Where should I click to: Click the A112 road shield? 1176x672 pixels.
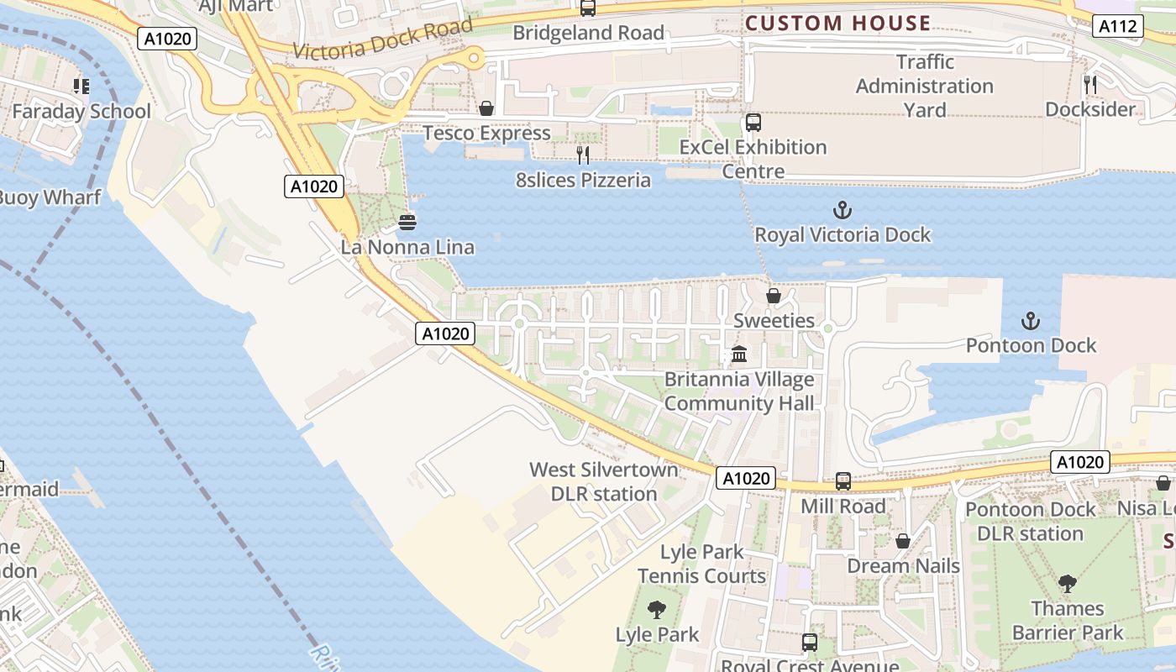(1119, 26)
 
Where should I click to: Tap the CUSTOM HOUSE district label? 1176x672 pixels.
(837, 23)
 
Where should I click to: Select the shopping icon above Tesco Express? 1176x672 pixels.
(486, 108)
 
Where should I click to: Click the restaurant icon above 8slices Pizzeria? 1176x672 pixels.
(582, 155)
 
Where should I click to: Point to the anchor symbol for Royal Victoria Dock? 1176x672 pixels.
(842, 210)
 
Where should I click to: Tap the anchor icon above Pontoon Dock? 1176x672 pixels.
(1030, 321)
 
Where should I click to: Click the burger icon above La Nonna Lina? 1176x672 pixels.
(407, 223)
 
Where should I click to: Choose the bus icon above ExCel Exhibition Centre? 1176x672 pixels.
(753, 123)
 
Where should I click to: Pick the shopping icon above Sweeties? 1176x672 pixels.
(774, 296)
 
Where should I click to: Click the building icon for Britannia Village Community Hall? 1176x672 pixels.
(739, 354)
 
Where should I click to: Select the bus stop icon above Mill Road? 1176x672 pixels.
(843, 481)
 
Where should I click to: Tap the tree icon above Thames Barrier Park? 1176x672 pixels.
(1068, 583)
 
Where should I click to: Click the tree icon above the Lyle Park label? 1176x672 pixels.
(657, 610)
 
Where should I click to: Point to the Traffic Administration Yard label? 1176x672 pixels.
(924, 86)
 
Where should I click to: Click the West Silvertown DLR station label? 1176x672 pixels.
(604, 481)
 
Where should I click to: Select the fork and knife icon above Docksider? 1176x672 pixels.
(1090, 84)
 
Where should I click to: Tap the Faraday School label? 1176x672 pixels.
(81, 111)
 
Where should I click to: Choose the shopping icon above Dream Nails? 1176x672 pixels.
(903, 541)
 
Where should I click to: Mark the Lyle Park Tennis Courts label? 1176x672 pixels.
(701, 564)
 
